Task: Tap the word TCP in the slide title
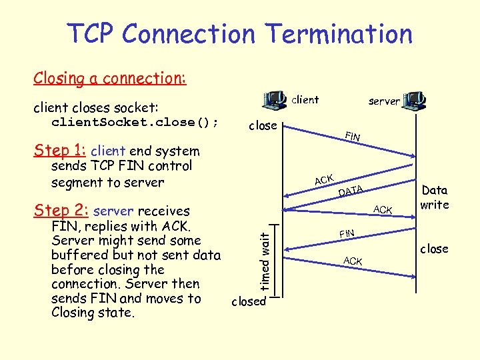pyautogui.click(x=91, y=33)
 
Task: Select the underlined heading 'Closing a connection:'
pyautogui.click(x=110, y=78)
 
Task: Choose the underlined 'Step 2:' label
pyautogui.click(x=61, y=211)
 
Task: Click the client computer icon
pyautogui.click(x=275, y=101)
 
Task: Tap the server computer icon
pyautogui.click(x=415, y=101)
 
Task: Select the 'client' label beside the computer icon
pyautogui.click(x=305, y=100)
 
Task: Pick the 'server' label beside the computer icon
pyautogui.click(x=384, y=101)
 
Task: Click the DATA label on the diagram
pyautogui.click(x=350, y=192)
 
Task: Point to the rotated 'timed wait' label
pyautogui.click(x=265, y=260)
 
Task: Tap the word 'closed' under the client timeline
pyautogui.click(x=248, y=301)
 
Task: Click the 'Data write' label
pyautogui.click(x=435, y=197)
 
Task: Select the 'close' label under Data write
pyautogui.click(x=434, y=249)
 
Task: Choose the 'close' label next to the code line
pyautogui.click(x=263, y=125)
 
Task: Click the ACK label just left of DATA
pyautogui.click(x=324, y=179)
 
